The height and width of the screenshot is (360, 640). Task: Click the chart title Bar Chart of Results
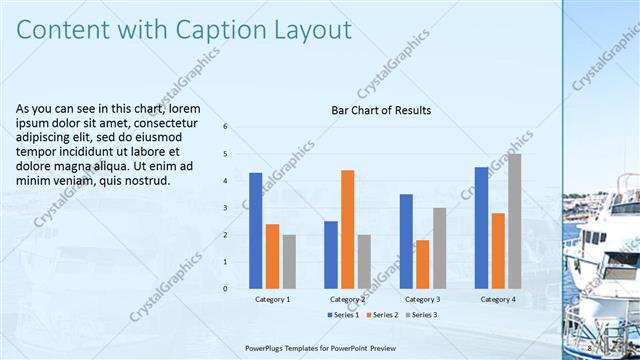[381, 110]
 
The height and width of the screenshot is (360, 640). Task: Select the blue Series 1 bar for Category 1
[256, 230]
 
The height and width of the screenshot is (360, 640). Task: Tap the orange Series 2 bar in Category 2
[347, 229]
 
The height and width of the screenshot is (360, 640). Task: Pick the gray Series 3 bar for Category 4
[514, 221]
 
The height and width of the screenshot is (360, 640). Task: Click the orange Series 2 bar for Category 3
[422, 264]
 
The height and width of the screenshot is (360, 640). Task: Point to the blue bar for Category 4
[482, 227]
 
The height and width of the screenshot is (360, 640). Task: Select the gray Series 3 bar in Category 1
[289, 261]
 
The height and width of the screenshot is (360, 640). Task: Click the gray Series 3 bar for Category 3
[439, 248]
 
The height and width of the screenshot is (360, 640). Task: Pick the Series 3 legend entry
[423, 315]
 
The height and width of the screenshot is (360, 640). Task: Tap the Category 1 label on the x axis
[272, 299]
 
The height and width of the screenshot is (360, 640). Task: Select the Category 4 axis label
[498, 299]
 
